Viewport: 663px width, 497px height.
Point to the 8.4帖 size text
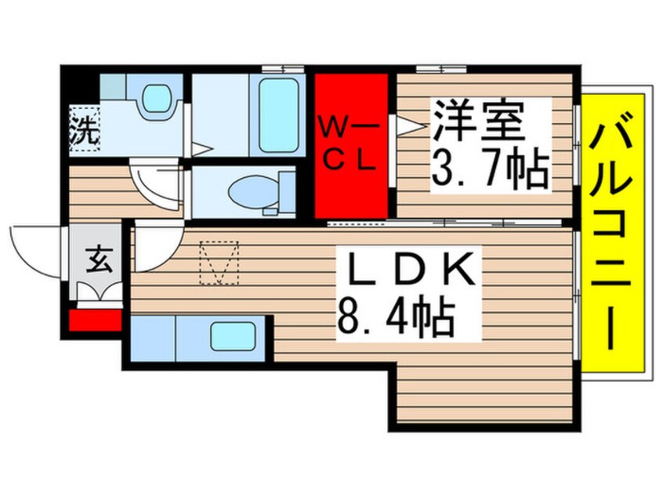396,317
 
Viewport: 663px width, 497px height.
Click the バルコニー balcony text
613,235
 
